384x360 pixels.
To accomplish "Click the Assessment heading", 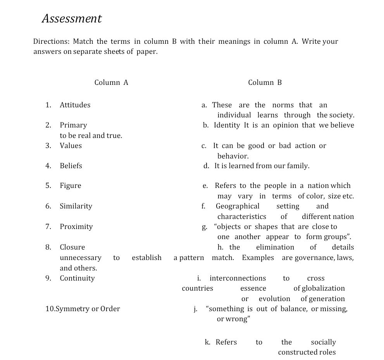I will pyautogui.click(x=72, y=19).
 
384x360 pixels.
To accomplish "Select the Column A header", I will pyautogui.click(x=111, y=82).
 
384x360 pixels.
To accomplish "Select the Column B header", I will pyautogui.click(x=265, y=82).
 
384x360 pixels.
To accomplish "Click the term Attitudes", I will pyautogui.click(x=75, y=105).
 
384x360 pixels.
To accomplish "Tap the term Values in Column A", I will pyautogui.click(x=71, y=146).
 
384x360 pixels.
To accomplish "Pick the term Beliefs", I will pyautogui.click(x=71, y=166).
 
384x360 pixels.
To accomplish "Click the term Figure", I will pyautogui.click(x=71, y=186).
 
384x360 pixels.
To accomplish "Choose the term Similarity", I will pyautogui.click(x=76, y=206).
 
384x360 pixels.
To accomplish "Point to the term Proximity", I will pyautogui.click(x=76, y=227).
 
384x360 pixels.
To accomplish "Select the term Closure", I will pyautogui.click(x=72, y=247).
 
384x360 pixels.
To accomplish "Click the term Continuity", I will pyautogui.click(x=77, y=278).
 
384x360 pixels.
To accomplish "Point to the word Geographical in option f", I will pyautogui.click(x=238, y=206).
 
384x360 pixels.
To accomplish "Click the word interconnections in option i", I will pyautogui.click(x=238, y=278).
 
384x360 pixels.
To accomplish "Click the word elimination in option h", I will pyautogui.click(x=275, y=247).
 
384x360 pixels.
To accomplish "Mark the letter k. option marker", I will pyautogui.click(x=208, y=342).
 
